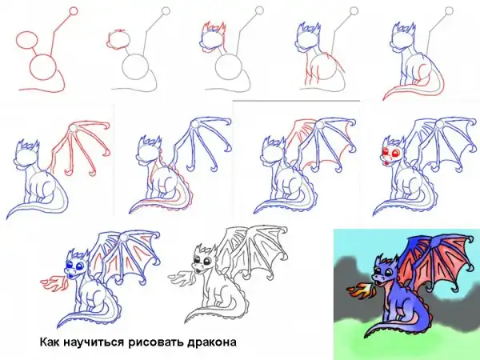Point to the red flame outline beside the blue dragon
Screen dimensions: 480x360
[x=54, y=282]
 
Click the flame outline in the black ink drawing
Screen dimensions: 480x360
[x=182, y=276]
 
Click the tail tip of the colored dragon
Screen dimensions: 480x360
[x=366, y=336]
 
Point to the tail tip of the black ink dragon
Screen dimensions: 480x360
[x=186, y=321]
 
